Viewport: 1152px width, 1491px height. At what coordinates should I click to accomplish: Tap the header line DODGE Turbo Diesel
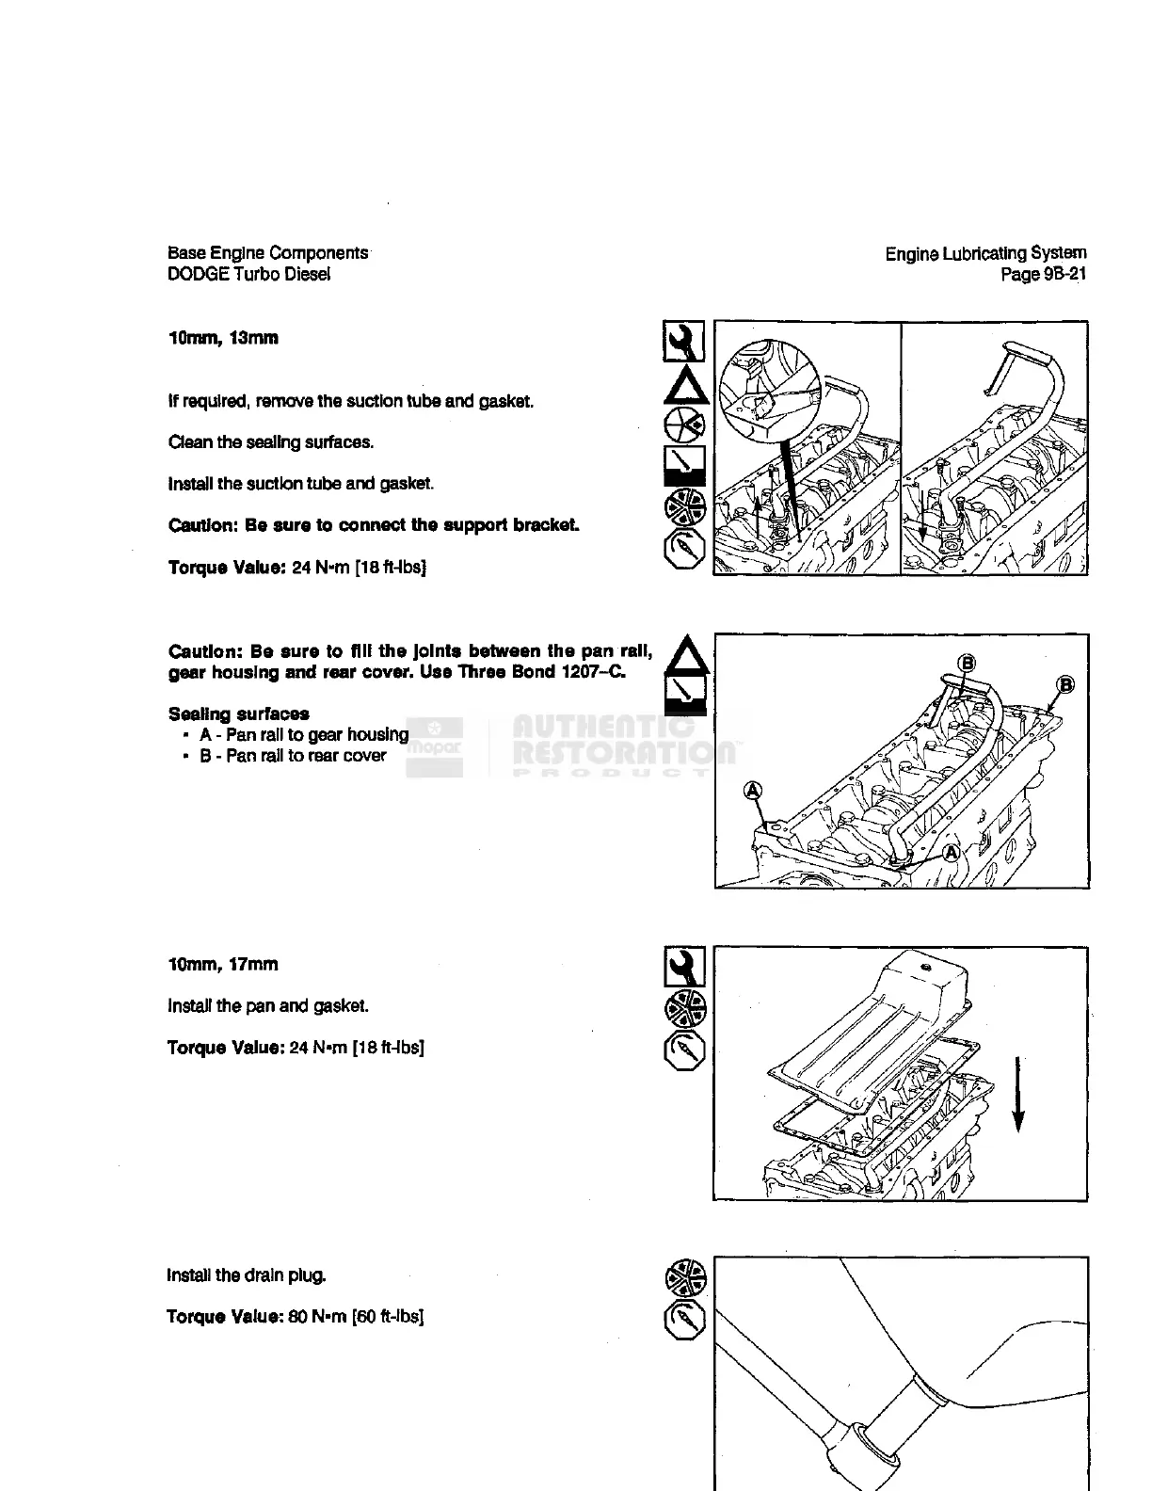pos(248,274)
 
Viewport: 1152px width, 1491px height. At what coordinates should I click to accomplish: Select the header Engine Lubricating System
pos(985,253)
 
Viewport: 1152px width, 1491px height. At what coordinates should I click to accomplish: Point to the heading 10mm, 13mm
pos(223,338)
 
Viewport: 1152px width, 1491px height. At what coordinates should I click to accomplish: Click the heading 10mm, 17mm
pos(223,964)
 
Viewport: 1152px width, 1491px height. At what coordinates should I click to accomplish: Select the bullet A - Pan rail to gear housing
pos(303,734)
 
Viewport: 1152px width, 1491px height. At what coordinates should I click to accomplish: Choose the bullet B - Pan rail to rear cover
pos(292,756)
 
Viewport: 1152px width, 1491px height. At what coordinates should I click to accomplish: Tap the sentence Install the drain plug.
pos(247,1275)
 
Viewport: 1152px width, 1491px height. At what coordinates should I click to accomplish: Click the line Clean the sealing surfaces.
pos(270,442)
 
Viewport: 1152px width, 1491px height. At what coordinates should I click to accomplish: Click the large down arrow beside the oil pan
pos(1017,1096)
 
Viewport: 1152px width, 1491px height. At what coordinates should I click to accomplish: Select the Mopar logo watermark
pos(434,747)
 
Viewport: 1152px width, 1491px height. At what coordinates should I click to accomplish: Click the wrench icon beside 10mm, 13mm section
pos(684,342)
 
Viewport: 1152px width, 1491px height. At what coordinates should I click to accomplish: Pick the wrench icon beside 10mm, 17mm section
pos(684,968)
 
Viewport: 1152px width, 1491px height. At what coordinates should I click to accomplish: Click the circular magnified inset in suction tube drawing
pos(764,387)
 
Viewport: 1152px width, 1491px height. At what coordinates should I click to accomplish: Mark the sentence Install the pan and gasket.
pos(267,1005)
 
